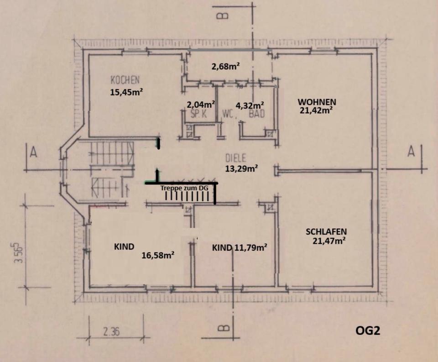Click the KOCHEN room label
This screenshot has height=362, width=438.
125,80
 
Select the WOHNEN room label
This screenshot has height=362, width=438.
317,101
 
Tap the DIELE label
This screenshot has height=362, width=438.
236,158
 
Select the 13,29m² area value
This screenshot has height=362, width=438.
241,168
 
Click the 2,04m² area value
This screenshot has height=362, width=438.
201,104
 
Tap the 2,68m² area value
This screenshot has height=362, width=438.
226,67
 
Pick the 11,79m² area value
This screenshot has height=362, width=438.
250,248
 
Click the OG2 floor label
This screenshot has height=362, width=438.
367,330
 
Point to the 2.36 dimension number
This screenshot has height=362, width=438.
112,332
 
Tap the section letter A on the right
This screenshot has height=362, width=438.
411,152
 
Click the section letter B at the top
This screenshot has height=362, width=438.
223,16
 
